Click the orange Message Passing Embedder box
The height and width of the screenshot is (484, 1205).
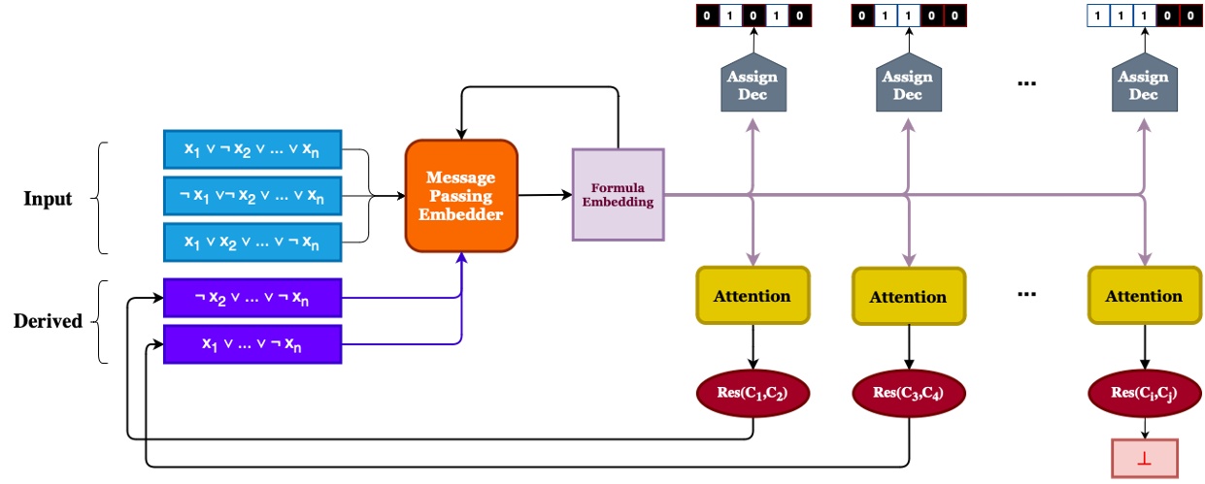click(x=461, y=196)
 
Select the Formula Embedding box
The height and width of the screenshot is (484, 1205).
click(x=619, y=194)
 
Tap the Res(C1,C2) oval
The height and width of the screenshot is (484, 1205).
click(x=753, y=393)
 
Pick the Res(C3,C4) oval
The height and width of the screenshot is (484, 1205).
click(x=909, y=393)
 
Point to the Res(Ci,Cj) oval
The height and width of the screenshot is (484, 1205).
click(x=1144, y=393)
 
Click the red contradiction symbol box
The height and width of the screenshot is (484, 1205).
click(x=1145, y=458)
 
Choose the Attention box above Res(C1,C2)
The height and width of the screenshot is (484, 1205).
click(x=753, y=296)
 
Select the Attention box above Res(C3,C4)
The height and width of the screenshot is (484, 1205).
click(x=909, y=296)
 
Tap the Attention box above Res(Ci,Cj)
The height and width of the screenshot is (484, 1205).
click(x=1144, y=296)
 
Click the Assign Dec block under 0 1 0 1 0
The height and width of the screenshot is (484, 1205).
click(x=753, y=82)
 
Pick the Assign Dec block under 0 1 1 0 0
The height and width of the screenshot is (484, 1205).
click(x=909, y=82)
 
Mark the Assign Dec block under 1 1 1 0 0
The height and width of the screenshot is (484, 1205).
click(x=1144, y=82)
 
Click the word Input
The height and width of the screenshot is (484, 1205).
click(x=48, y=199)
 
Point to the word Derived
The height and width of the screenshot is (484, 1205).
click(x=48, y=321)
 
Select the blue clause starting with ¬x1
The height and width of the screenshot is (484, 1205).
click(x=252, y=196)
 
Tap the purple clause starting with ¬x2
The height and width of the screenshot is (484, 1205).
click(x=252, y=298)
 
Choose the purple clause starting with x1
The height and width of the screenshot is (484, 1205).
click(x=252, y=344)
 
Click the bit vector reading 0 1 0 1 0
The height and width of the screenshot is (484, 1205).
click(x=753, y=16)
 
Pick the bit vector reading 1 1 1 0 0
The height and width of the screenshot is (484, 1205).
click(x=1144, y=16)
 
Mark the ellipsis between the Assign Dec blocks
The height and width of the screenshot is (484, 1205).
click(x=1027, y=83)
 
